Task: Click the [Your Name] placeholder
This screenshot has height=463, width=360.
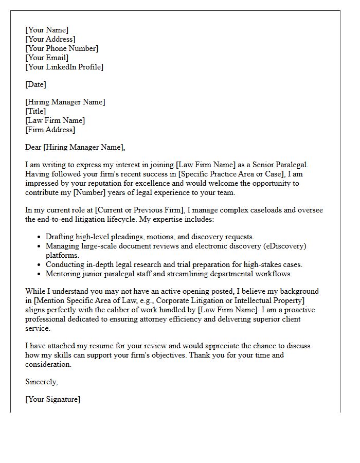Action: pyautogui.click(x=46, y=30)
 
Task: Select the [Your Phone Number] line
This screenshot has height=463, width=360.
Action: pyautogui.click(x=62, y=48)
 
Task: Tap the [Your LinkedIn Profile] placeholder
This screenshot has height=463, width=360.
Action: pyautogui.click(x=64, y=67)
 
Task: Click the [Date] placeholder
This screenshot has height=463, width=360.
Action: pyautogui.click(x=35, y=84)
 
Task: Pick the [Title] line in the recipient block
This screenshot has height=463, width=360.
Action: pyautogui.click(x=35, y=111)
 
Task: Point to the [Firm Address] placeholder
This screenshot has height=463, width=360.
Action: pyautogui.click(x=50, y=130)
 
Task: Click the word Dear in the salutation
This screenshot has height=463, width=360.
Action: pyautogui.click(x=33, y=147)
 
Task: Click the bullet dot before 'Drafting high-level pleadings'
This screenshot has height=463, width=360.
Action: pyautogui.click(x=40, y=237)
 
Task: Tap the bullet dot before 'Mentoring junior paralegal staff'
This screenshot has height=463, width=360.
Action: pyautogui.click(x=40, y=274)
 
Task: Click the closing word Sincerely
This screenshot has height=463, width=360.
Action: pyautogui.click(x=41, y=382)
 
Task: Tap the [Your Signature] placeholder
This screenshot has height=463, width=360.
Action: pyautogui.click(x=52, y=399)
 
